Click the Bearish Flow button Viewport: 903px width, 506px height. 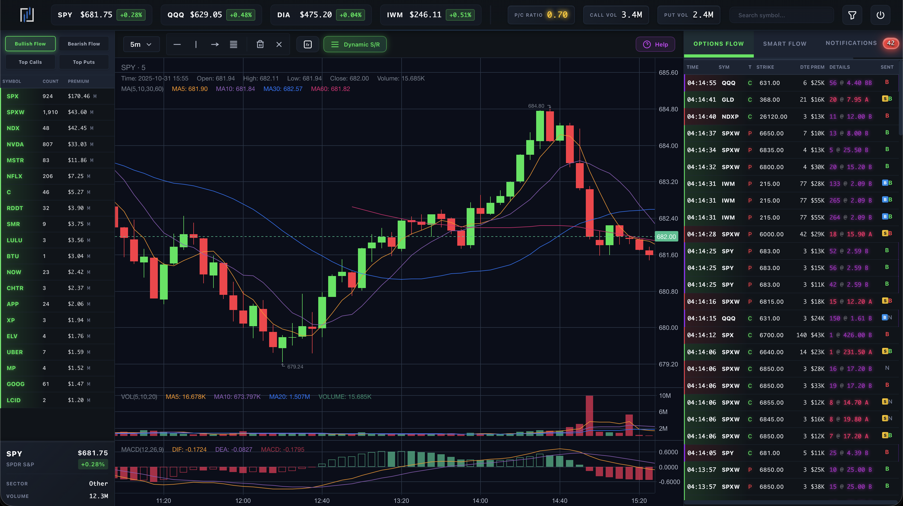84,44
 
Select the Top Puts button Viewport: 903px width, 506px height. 84,62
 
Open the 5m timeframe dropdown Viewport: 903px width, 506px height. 141,44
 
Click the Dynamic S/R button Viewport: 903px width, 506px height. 355,44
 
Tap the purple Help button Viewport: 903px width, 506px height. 655,44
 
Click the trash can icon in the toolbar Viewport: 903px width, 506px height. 260,44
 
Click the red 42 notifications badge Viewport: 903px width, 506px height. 890,43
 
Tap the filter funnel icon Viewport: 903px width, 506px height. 852,15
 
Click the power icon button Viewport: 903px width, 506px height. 880,15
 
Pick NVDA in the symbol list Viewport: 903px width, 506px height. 15,144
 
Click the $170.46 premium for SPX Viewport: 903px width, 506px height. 79,96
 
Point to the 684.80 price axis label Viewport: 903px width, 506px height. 668,109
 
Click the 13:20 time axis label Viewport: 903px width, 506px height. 401,501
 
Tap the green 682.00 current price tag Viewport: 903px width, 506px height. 666,237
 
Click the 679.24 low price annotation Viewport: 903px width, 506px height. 295,366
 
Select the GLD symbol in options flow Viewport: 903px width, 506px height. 728,100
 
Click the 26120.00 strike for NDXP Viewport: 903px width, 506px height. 773,116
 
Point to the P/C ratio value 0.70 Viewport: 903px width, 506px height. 557,15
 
